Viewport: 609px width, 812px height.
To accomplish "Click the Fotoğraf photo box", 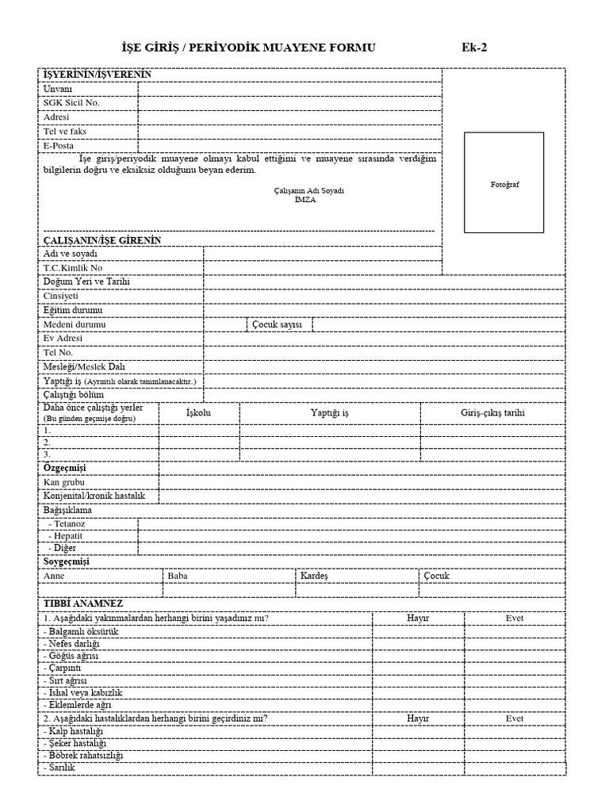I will (x=504, y=182).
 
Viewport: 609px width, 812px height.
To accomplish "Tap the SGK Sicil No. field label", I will (x=71, y=102).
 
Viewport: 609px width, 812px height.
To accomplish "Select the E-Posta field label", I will (x=58, y=146).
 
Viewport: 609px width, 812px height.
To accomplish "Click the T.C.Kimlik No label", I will (x=73, y=268).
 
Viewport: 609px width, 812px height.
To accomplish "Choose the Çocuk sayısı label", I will (x=278, y=325).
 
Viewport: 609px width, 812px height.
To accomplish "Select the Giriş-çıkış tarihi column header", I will (x=492, y=413).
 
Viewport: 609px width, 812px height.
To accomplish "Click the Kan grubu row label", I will (x=64, y=482).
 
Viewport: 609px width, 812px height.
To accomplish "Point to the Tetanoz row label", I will (x=67, y=524).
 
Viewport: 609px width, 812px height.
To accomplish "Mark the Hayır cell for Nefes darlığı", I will (x=417, y=645).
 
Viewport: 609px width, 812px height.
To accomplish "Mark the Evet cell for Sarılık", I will (x=515, y=768).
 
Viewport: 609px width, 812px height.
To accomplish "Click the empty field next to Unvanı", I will (x=289, y=89).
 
